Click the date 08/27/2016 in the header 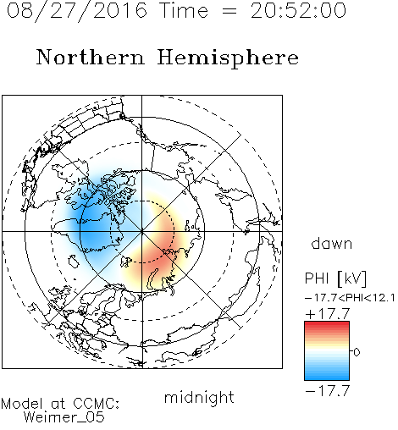pyautogui.click(x=77, y=11)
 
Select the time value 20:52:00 pyautogui.click(x=298, y=10)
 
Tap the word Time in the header pyautogui.click(x=184, y=10)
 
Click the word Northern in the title pyautogui.click(x=91, y=57)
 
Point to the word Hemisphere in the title pyautogui.click(x=228, y=58)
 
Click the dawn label pyautogui.click(x=332, y=243)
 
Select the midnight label pyautogui.click(x=199, y=397)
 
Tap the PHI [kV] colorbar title pyautogui.click(x=335, y=278)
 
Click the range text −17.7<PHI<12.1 pyautogui.click(x=350, y=298)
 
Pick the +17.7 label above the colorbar pyautogui.click(x=328, y=314)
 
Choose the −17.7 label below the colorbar pyautogui.click(x=328, y=391)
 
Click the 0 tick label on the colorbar pyautogui.click(x=357, y=352)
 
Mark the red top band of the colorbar pyautogui.click(x=327, y=325)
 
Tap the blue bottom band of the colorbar pyautogui.click(x=327, y=377)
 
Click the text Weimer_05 pyautogui.click(x=64, y=417)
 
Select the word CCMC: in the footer pyautogui.click(x=96, y=404)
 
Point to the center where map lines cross pyautogui.click(x=142, y=231)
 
